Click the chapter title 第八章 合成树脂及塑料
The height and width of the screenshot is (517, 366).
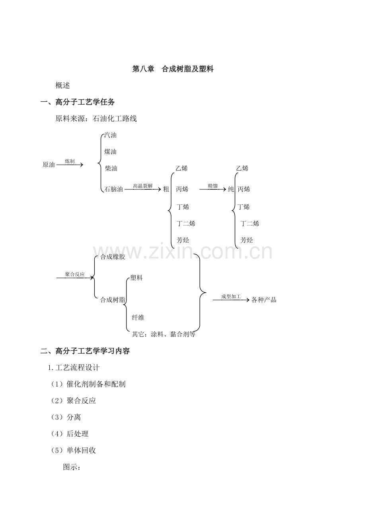click(173, 69)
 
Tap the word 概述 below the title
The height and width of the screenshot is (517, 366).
click(62, 86)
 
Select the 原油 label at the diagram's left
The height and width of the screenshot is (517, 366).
click(49, 165)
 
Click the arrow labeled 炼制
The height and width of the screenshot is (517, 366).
click(70, 165)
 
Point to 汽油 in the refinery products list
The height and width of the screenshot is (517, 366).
click(110, 135)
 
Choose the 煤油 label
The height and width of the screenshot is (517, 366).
click(110, 152)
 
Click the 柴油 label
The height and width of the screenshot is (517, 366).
click(111, 168)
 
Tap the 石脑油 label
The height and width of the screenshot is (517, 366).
click(114, 189)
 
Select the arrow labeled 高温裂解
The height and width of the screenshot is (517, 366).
click(143, 189)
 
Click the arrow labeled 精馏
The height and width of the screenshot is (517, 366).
click(213, 189)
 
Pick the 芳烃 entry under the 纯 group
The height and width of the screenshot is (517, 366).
click(247, 240)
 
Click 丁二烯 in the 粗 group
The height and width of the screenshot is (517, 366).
click(186, 224)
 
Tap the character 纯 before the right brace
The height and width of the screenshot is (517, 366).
click(231, 189)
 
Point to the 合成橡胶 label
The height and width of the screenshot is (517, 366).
click(113, 257)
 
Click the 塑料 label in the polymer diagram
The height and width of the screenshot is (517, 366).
click(136, 278)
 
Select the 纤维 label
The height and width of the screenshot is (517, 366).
click(138, 318)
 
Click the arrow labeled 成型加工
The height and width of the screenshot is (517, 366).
click(231, 300)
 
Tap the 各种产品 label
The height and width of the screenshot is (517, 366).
click(264, 300)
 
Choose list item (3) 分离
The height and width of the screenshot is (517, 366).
click(66, 417)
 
